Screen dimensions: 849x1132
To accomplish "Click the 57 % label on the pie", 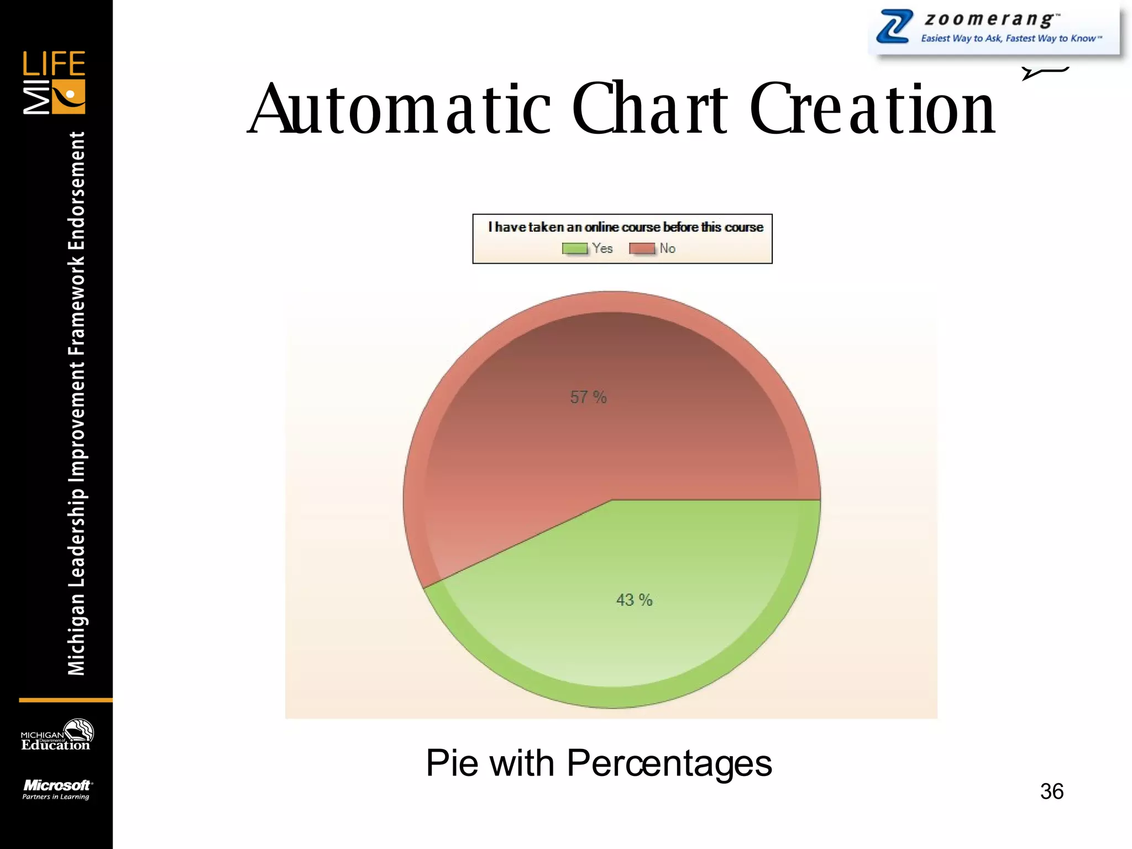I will click(588, 397).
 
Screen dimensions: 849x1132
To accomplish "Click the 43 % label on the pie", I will click(634, 600).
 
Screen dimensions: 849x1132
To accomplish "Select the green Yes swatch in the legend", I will click(575, 249).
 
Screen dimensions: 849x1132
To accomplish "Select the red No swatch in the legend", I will click(642, 249).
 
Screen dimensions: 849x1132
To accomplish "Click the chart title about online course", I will click(625, 227).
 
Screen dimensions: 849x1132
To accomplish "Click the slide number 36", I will click(1051, 792).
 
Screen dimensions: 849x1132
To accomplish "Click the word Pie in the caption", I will click(452, 763).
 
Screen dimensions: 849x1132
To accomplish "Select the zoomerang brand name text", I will click(992, 19).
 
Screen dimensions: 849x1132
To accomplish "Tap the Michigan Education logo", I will click(56, 736).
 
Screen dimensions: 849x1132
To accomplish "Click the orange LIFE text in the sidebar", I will click(54, 64).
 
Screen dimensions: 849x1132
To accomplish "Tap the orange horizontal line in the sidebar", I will click(65, 700).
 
